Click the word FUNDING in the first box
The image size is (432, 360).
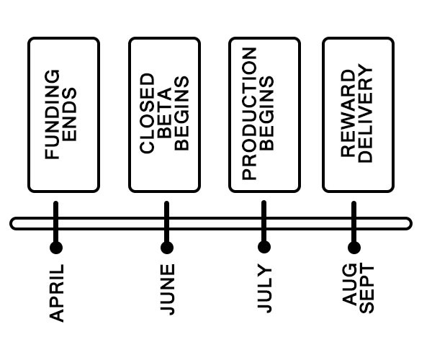[53, 114]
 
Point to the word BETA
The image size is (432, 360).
[165, 114]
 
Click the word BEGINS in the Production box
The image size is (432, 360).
[268, 114]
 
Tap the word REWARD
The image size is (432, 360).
[348, 114]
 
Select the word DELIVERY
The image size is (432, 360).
[366, 114]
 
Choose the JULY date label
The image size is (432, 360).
[264, 289]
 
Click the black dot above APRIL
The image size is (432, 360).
[56, 248]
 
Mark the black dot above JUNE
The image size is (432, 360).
[167, 248]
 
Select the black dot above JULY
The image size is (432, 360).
[264, 248]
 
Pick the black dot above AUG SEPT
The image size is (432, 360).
[354, 248]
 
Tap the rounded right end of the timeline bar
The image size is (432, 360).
[408, 223]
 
